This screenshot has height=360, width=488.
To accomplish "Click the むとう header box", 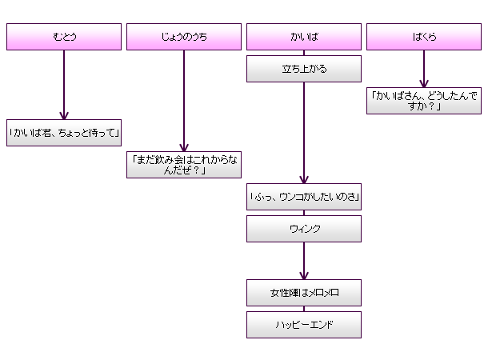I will [x=63, y=37].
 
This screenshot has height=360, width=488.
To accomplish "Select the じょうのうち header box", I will [x=183, y=37].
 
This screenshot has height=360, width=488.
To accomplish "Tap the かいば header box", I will [x=303, y=37].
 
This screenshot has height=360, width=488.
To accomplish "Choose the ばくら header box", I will [x=424, y=37].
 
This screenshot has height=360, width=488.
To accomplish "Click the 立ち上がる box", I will [x=303, y=69].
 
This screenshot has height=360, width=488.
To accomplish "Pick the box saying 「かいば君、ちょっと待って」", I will [x=63, y=133].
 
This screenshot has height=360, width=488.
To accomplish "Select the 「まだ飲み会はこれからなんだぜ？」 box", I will [x=183, y=165].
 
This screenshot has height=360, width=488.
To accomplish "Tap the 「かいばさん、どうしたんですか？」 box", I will [x=424, y=101].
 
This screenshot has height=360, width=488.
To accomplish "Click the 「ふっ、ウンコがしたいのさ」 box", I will [x=303, y=197].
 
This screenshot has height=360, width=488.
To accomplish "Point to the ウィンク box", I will [x=303, y=229].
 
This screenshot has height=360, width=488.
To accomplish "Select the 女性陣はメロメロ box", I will [x=303, y=293].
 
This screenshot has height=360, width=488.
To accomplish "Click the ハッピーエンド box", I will [x=303, y=325].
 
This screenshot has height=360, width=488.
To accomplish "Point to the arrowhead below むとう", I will [x=63, y=115].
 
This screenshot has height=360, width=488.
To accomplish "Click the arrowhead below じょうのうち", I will [x=183, y=147].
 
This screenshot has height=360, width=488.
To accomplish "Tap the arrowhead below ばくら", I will [x=424, y=83].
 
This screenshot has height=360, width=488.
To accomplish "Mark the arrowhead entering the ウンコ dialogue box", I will [x=303, y=179].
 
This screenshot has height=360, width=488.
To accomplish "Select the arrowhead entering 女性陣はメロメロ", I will [x=303, y=275].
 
